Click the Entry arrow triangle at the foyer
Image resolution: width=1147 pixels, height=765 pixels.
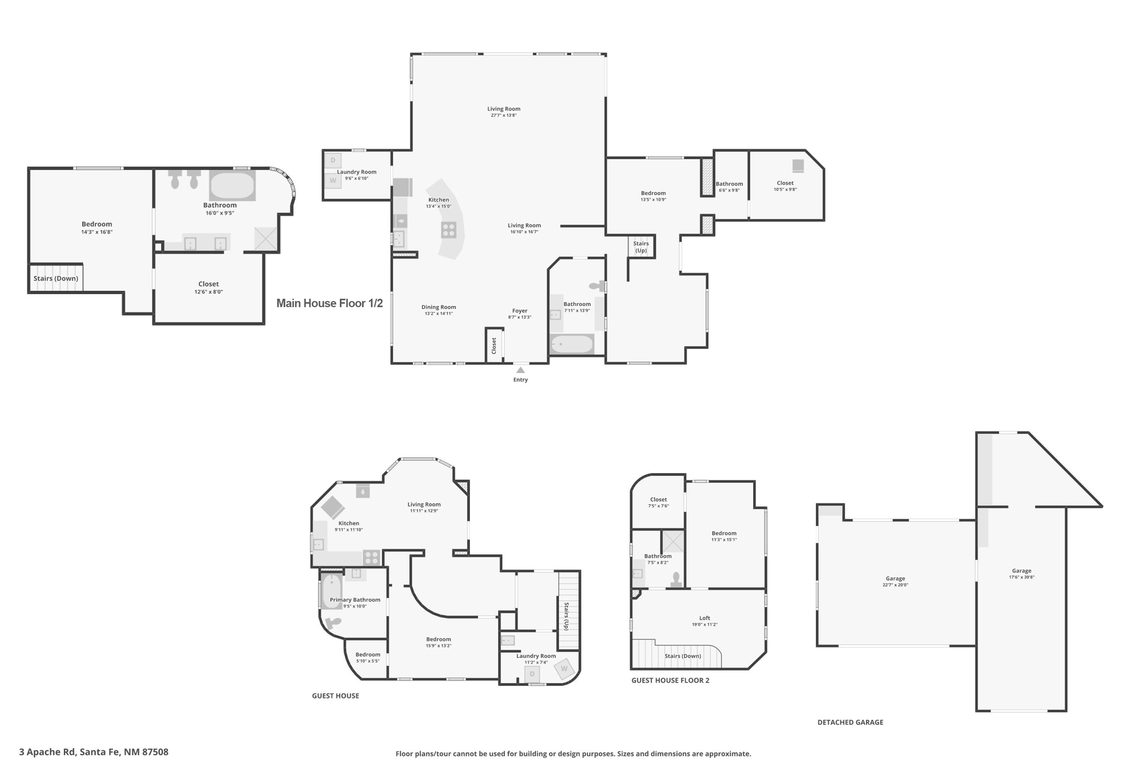pyautogui.click(x=520, y=370)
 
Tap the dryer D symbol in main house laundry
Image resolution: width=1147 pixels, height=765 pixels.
pyautogui.click(x=333, y=160)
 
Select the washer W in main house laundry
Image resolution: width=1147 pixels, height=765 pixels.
pyautogui.click(x=333, y=180)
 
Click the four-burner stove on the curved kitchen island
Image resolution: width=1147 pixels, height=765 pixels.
pyautogui.click(x=449, y=230)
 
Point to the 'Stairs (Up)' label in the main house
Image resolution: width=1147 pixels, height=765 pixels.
pyautogui.click(x=641, y=247)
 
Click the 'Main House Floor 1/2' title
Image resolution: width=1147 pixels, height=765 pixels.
pyautogui.click(x=329, y=303)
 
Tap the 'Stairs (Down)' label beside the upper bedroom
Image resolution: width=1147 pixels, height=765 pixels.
pyautogui.click(x=55, y=279)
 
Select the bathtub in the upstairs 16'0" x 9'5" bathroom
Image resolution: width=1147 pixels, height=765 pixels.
pyautogui.click(x=232, y=185)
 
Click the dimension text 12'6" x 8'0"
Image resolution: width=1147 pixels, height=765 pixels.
pyautogui.click(x=208, y=292)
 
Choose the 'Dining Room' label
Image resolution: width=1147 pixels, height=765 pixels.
pyautogui.click(x=439, y=307)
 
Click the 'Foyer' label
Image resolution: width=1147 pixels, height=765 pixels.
pyautogui.click(x=520, y=310)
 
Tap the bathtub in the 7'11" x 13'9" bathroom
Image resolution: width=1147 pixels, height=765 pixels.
pyautogui.click(x=572, y=344)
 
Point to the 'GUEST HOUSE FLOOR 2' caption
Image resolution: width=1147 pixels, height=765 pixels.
pyautogui.click(x=670, y=680)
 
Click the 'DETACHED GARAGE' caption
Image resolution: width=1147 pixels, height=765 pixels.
pyautogui.click(x=850, y=722)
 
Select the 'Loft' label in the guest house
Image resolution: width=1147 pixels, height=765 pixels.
pyautogui.click(x=705, y=618)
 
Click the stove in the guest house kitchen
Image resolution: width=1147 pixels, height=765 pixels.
pyautogui.click(x=371, y=558)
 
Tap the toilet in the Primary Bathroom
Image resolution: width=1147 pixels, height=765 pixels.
pyautogui.click(x=333, y=623)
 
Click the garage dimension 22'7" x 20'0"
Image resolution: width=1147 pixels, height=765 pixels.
pyautogui.click(x=895, y=585)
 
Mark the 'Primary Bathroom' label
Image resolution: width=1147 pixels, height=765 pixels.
pyautogui.click(x=355, y=600)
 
